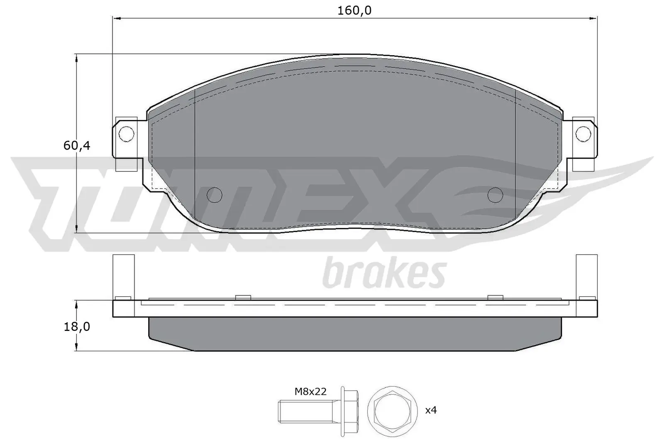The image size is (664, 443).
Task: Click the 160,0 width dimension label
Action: [354, 10]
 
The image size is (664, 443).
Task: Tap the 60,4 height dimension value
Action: [77, 146]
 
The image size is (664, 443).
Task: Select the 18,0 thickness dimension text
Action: [77, 327]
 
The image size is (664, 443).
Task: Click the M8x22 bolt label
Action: [310, 391]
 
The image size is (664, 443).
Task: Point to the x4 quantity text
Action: [431, 410]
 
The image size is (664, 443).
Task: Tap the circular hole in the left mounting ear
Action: [126, 133]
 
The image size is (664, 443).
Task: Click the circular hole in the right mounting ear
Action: [583, 133]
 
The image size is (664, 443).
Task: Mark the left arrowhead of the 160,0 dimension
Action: [117, 18]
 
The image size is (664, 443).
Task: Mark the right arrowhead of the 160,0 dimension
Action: [593, 18]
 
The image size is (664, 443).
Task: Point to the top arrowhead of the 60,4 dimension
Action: [76, 58]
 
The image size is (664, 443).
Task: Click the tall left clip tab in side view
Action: [124, 276]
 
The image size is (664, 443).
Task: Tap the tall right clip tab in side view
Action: [586, 276]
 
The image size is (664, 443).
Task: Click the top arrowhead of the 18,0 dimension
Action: [76, 304]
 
